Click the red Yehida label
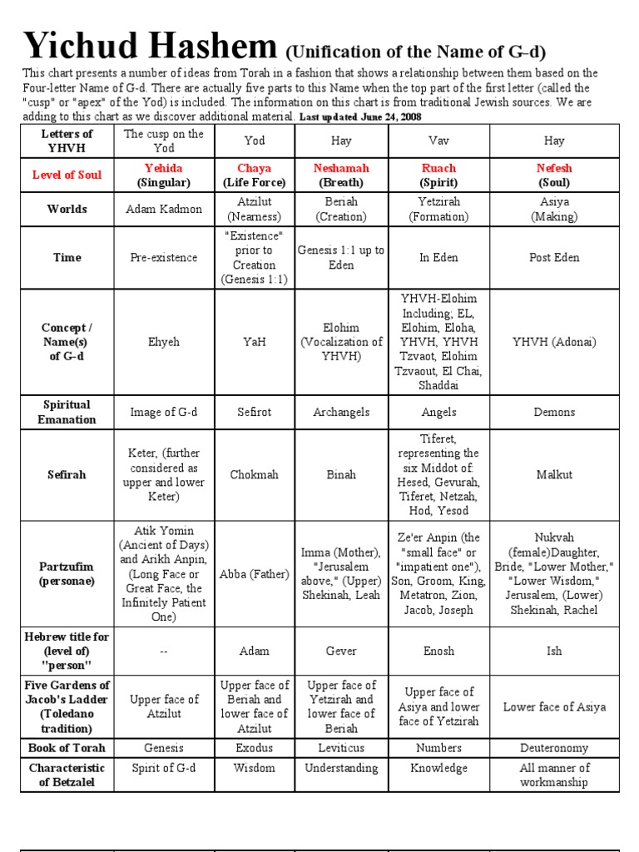click(x=164, y=168)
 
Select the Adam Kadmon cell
click(x=164, y=209)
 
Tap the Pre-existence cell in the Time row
click(x=164, y=257)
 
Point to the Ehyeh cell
click(x=164, y=342)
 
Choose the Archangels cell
click(x=341, y=412)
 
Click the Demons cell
click(x=554, y=412)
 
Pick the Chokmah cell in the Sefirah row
click(x=254, y=474)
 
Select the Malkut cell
click(x=554, y=474)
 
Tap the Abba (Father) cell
click(x=254, y=573)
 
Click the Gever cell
click(x=341, y=651)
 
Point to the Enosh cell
click(x=438, y=651)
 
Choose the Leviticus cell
click(x=341, y=748)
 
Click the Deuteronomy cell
click(x=554, y=748)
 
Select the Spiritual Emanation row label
click(x=67, y=412)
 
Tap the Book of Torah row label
click(x=67, y=748)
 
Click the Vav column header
click(x=438, y=141)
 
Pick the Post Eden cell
click(x=554, y=257)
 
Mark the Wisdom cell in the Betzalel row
click(x=254, y=768)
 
